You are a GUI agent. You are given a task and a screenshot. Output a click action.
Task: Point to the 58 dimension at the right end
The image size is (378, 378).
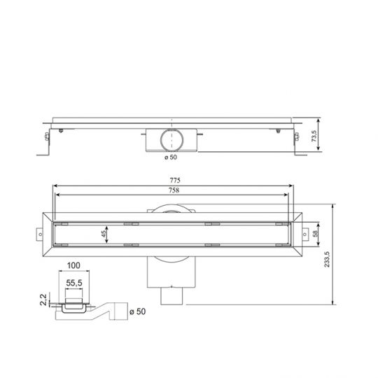[x=316, y=234]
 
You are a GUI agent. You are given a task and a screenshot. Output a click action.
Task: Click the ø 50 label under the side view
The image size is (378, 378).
[x=171, y=157]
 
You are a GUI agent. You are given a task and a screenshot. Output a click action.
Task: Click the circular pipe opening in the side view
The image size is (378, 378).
[x=171, y=139]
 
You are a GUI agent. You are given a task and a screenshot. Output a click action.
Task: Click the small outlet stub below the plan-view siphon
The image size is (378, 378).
[x=171, y=297]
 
